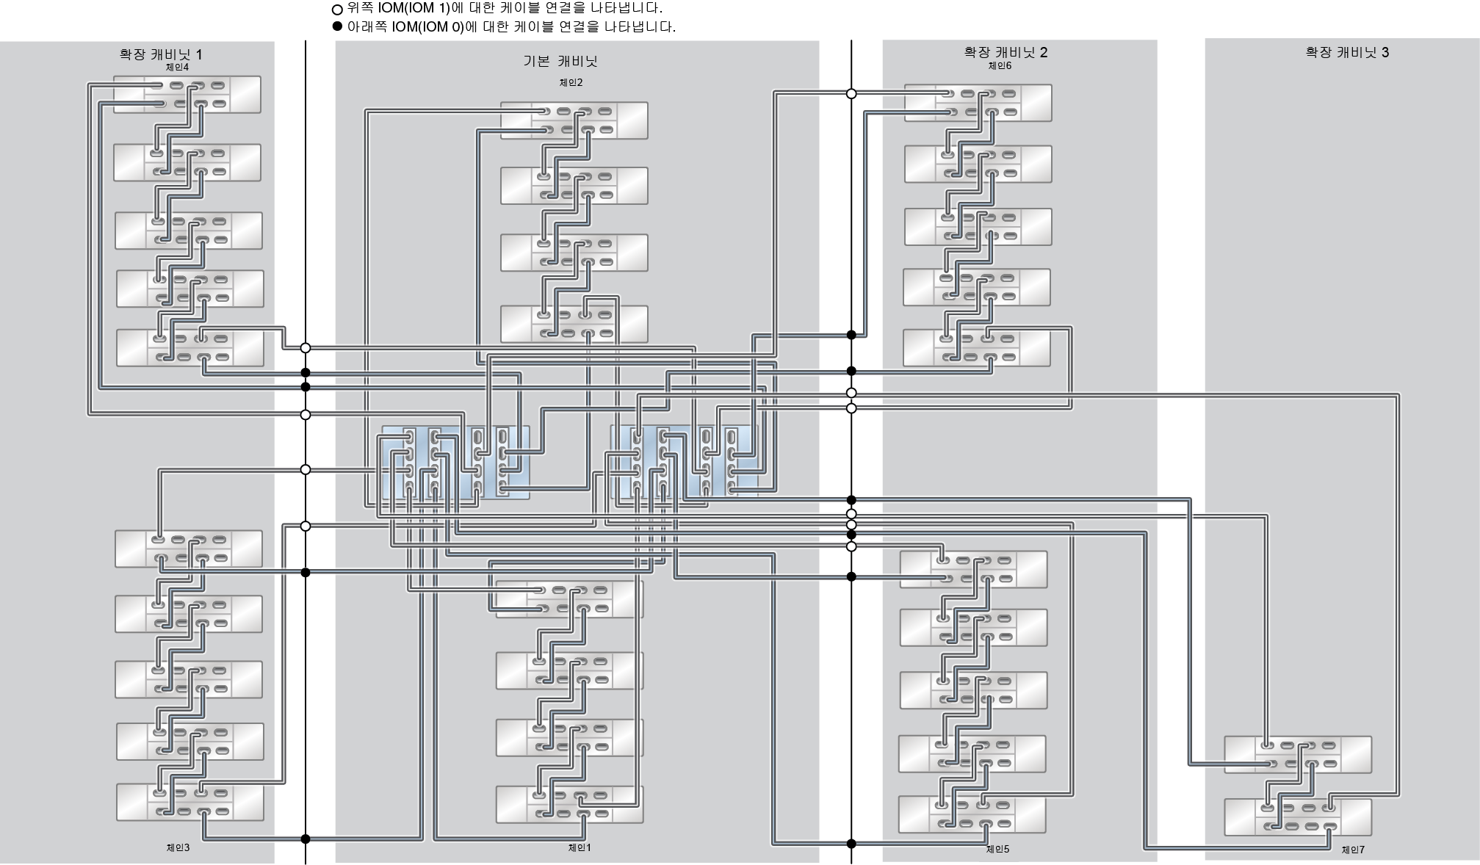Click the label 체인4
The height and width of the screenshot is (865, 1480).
(x=177, y=68)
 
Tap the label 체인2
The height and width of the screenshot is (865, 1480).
(x=571, y=83)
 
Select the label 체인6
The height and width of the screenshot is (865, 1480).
(x=1000, y=66)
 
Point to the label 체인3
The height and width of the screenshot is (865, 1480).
(x=178, y=847)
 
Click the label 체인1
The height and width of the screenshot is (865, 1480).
(x=580, y=847)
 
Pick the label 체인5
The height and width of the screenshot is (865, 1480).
(x=997, y=849)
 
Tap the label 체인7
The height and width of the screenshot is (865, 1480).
(x=1353, y=850)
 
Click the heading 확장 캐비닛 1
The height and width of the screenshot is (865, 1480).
(x=161, y=54)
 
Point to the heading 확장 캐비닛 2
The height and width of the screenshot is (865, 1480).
(x=1006, y=52)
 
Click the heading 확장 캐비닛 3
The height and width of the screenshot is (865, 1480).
(x=1347, y=52)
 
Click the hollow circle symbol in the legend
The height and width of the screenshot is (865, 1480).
(x=338, y=10)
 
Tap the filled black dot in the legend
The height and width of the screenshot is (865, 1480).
(x=338, y=26)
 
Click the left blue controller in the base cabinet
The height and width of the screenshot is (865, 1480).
(x=455, y=463)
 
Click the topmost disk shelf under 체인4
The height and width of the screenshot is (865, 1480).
(x=187, y=95)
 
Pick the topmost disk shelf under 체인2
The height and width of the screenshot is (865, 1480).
(x=574, y=120)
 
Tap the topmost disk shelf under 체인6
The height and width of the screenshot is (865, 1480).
(x=978, y=103)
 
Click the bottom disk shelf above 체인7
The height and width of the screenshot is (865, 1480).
(x=1298, y=817)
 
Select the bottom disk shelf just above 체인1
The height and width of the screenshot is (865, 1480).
(x=569, y=805)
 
